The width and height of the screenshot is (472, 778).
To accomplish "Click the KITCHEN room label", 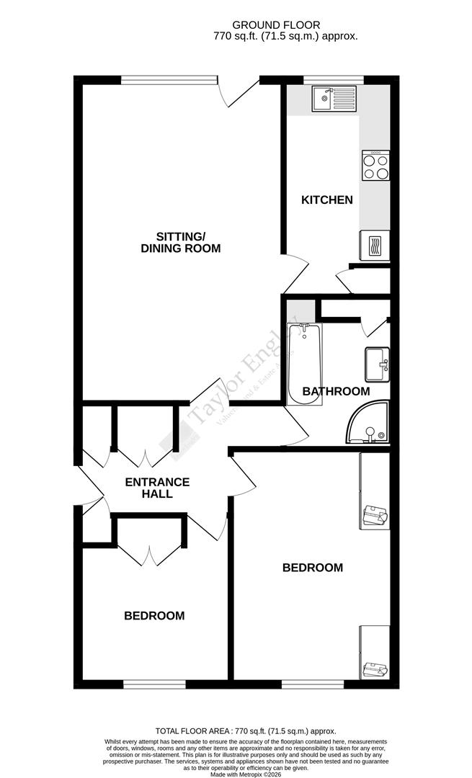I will [327, 200].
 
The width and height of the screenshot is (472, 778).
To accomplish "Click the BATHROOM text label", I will [336, 392].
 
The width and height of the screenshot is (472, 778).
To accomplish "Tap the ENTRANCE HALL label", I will [157, 488].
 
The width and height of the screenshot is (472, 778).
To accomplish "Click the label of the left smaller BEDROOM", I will [154, 616].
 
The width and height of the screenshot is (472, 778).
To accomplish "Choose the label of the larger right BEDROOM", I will [312, 568].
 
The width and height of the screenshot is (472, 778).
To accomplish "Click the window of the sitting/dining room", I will [169, 80].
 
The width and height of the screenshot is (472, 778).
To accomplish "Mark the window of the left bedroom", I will [153, 684].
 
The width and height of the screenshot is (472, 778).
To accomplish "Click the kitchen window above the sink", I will [334, 80].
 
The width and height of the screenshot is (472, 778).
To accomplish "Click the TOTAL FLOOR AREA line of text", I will [236, 730].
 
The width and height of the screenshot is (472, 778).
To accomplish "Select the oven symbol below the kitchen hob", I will [375, 244].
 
